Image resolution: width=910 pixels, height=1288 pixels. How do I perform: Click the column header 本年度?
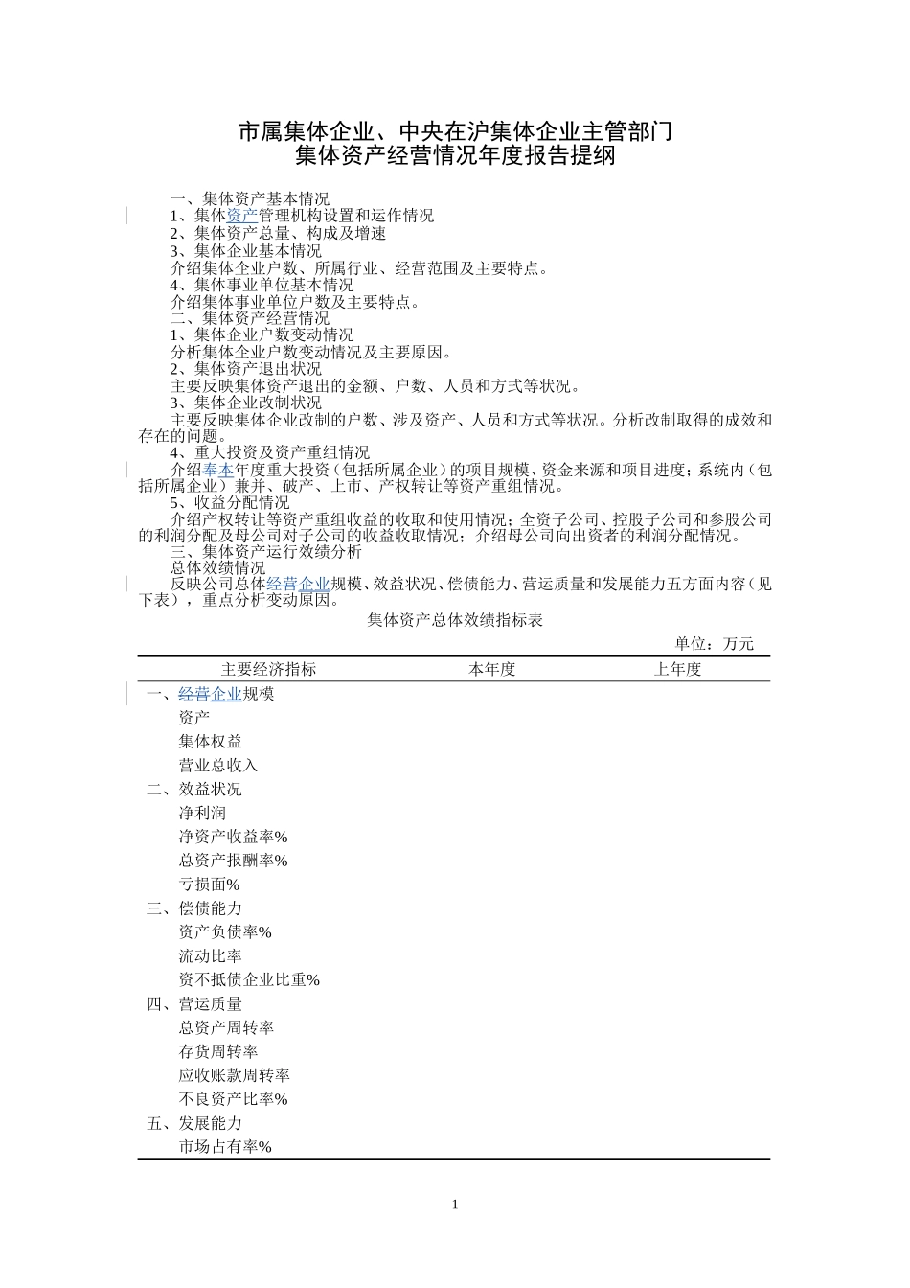coord(491,670)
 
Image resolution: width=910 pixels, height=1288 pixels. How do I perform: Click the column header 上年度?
coord(677,670)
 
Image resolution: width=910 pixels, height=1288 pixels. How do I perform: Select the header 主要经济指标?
coord(268,670)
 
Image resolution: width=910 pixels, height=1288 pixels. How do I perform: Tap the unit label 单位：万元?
coord(714,644)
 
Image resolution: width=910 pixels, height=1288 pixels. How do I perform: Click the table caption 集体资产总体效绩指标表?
coord(455,621)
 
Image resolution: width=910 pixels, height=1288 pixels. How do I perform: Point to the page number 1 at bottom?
coord(455,1205)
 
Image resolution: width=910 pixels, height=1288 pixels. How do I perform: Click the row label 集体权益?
coord(210,742)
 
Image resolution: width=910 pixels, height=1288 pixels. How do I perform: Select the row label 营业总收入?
coord(217,766)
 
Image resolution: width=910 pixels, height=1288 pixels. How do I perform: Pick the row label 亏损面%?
coord(209,885)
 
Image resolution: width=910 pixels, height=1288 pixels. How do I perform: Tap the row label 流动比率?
coord(210,956)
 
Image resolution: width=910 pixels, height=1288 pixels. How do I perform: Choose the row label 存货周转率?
coord(217,1051)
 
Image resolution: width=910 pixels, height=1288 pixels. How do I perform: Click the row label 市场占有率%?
coord(225,1147)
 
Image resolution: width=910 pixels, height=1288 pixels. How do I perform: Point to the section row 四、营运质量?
coord(194,1004)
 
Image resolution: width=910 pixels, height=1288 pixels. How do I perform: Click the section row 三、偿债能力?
coord(194,908)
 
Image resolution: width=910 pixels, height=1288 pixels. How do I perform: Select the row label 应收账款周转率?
coord(234,1075)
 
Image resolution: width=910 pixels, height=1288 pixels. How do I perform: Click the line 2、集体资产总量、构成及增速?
coord(278,234)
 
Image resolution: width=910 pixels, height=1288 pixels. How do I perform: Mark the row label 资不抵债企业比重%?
coord(249,980)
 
